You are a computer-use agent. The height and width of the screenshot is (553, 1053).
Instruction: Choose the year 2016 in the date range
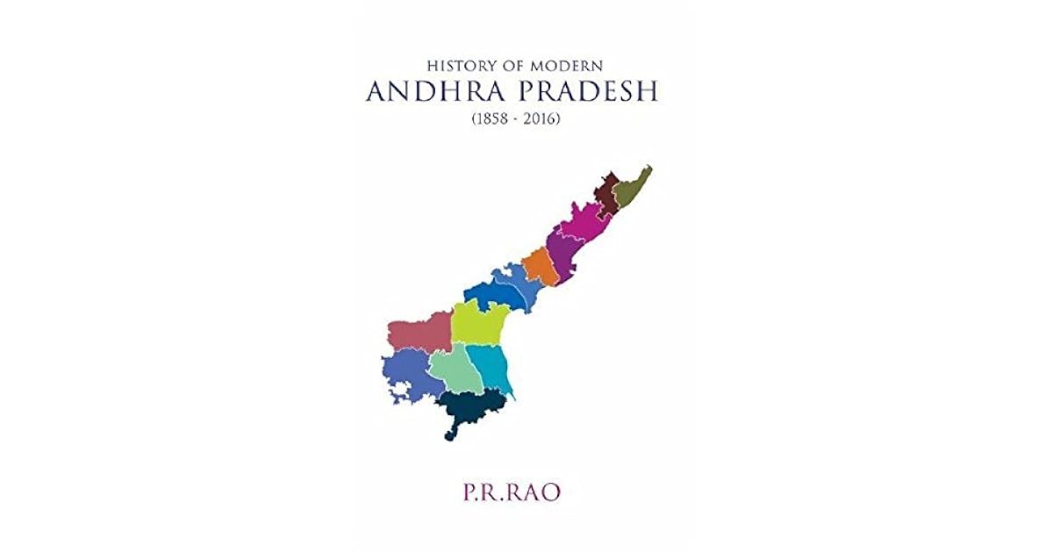pos(541,118)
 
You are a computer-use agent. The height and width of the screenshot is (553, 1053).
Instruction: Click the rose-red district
pos(419,334)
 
